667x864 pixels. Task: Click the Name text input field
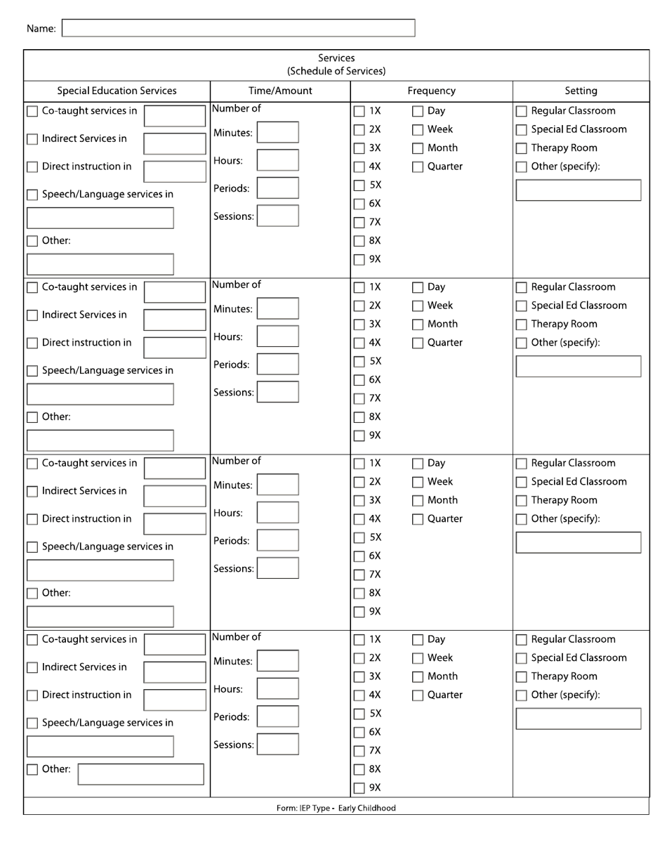239,28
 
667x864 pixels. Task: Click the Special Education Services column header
117,91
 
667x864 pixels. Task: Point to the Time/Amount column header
280,91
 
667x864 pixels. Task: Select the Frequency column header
431,91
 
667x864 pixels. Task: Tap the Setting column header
581,91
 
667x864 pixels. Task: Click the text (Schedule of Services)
336,71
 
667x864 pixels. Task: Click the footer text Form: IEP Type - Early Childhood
336,808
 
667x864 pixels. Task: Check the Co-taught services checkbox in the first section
32,111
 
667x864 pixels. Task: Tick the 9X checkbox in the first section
359,259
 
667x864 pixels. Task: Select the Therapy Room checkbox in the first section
522,148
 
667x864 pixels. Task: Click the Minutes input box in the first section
277,133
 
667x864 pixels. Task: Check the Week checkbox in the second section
418,306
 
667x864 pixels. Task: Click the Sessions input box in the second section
277,392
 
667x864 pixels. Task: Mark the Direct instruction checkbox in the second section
32,343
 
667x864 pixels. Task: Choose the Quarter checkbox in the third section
418,519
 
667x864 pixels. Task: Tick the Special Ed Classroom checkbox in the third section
522,482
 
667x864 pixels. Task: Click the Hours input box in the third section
277,513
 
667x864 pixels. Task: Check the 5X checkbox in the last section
359,714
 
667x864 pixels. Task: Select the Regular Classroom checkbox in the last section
522,640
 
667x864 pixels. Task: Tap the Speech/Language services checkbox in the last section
32,723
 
